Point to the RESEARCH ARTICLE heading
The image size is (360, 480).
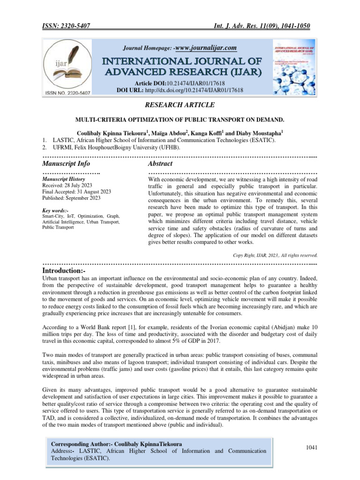[180, 105]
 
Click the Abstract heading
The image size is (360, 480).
[160, 164]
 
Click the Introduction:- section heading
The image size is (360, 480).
[64, 271]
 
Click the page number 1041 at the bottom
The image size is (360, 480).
[312, 448]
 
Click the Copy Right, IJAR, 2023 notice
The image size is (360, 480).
[275, 255]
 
